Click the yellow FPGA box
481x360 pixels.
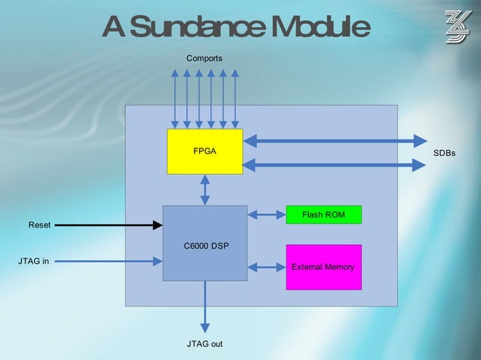[204, 151]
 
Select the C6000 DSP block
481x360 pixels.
[205, 243]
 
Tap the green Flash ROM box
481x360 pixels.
[323, 215]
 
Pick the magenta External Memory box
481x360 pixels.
[323, 267]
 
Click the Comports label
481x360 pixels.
[204, 58]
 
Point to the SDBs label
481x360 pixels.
[444, 153]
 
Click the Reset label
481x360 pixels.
[39, 225]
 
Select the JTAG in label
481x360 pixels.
[34, 261]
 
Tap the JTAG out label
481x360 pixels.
[204, 344]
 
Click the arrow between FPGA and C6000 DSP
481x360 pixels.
[205, 190]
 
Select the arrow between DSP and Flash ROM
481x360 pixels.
[266, 215]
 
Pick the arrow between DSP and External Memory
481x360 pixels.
[266, 267]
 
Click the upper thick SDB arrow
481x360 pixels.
[335, 140]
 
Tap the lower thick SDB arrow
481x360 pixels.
[335, 164]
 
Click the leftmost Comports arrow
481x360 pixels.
[175, 98]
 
